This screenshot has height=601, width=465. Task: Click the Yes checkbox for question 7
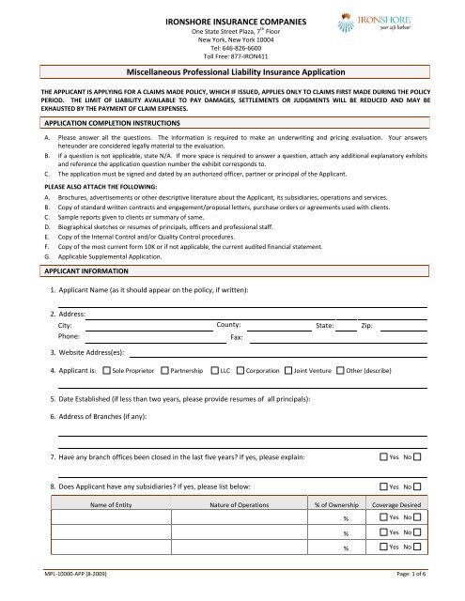(381, 457)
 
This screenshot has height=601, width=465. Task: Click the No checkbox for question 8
(417, 487)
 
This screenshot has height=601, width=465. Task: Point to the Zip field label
(369, 323)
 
